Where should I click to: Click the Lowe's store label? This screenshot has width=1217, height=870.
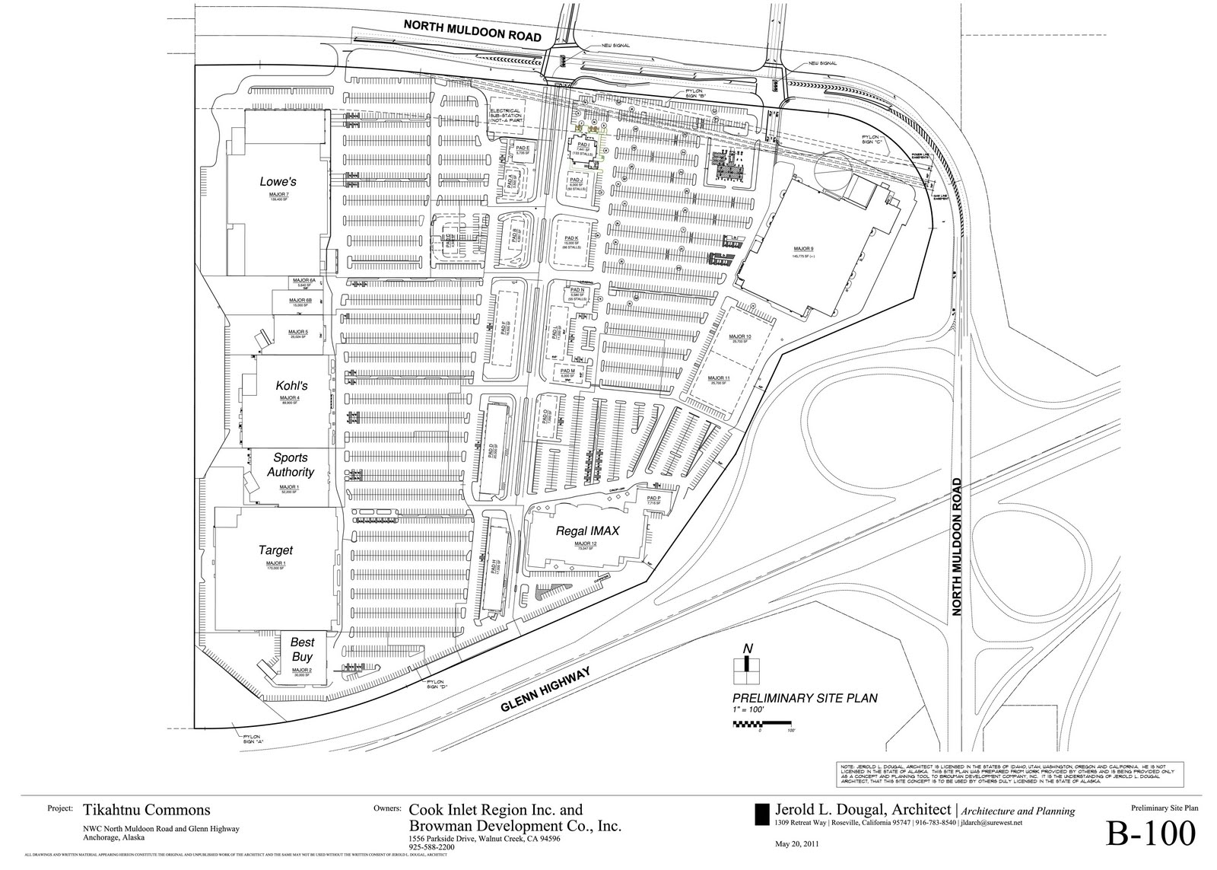pos(278,182)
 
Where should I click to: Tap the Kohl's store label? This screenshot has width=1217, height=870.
pos(291,386)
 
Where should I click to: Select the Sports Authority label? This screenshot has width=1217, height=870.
pos(291,465)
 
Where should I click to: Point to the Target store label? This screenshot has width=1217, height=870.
pos(275,550)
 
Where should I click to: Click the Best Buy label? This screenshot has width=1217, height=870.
pos(302,649)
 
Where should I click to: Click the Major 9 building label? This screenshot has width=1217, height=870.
pos(803,249)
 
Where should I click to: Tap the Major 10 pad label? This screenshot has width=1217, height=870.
pos(739,336)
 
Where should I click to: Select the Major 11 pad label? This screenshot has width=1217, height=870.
pos(719,378)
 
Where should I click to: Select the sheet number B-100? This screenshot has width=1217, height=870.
pos(1151,835)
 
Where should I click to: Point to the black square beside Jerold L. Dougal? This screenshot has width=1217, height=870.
pos(761,814)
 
